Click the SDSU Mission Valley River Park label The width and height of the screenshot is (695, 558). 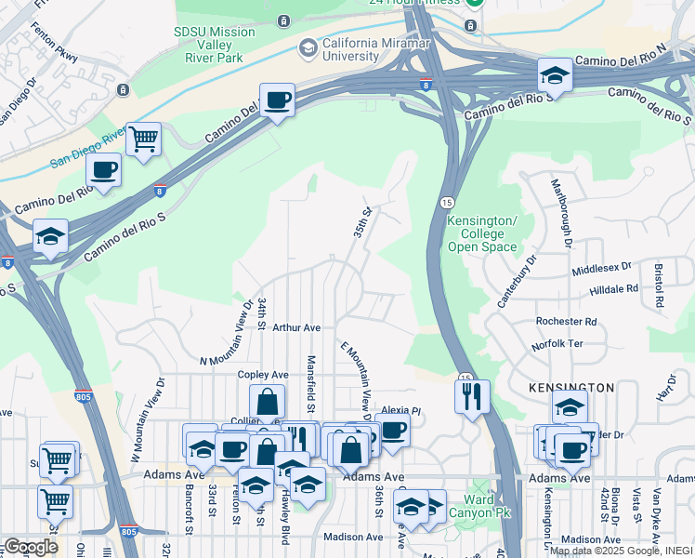tap(215, 45)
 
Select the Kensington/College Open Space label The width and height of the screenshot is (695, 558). tap(481, 233)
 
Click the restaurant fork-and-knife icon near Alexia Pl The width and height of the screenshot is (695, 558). tap(472, 396)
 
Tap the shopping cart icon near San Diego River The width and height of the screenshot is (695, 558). tap(143, 139)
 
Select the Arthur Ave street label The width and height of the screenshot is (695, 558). tap(296, 327)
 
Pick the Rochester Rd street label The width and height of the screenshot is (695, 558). tap(566, 322)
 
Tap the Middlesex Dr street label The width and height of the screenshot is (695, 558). tap(601, 269)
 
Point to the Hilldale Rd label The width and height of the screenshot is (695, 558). tap(613, 289)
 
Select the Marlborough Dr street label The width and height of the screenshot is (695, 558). tap(561, 214)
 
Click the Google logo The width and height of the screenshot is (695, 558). tap(31, 547)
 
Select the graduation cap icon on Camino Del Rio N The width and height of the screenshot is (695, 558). tap(555, 75)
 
